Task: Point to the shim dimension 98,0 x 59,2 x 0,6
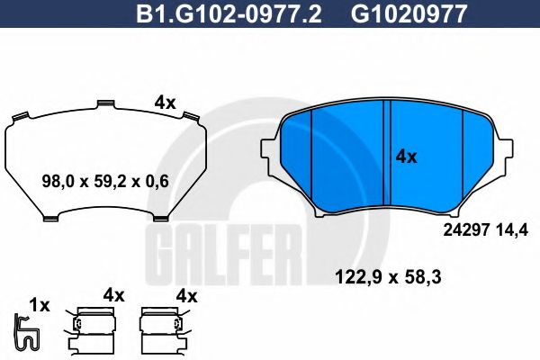[106, 181]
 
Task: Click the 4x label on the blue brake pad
[406, 156]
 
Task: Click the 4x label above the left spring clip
[112, 294]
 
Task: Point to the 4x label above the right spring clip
[186, 294]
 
